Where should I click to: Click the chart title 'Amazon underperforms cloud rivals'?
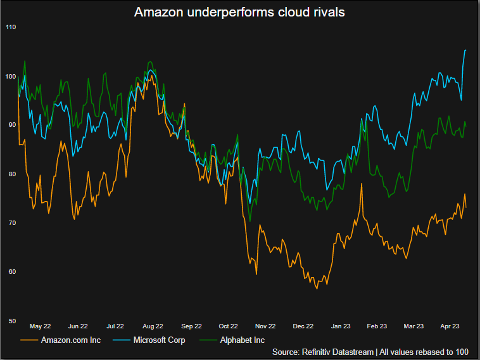click(x=239, y=12)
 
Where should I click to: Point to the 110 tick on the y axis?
click(x=11, y=27)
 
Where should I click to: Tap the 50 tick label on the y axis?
click(x=12, y=321)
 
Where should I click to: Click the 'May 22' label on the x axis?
click(x=40, y=326)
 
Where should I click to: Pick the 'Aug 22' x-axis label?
click(x=153, y=326)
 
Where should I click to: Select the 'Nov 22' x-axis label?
click(x=265, y=326)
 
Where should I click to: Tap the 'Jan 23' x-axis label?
click(x=341, y=326)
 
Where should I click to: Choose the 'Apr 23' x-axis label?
click(x=450, y=326)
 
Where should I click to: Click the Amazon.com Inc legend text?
click(x=71, y=340)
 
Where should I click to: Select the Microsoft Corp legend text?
click(x=159, y=340)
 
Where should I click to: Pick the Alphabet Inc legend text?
click(x=243, y=340)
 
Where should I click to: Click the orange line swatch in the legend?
click(x=29, y=340)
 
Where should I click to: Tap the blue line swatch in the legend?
click(x=122, y=340)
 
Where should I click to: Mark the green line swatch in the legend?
click(x=208, y=340)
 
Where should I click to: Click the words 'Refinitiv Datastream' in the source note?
click(x=338, y=352)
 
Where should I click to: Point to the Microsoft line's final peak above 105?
click(x=465, y=50)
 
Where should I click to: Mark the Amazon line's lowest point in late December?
click(x=317, y=288)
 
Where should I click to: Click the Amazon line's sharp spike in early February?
click(x=362, y=184)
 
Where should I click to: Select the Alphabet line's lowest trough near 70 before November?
click(x=250, y=221)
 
